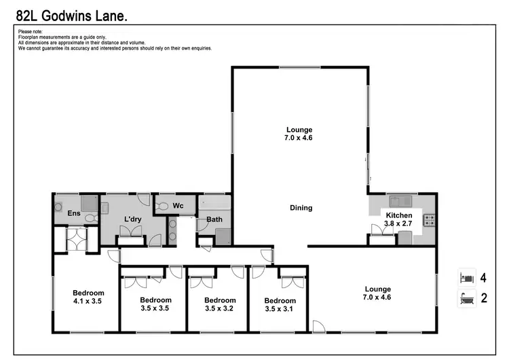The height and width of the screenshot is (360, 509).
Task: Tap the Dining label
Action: (x=301, y=208)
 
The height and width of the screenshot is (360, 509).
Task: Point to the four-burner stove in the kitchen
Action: (x=428, y=219)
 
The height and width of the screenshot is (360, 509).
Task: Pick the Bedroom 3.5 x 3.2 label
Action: (x=220, y=304)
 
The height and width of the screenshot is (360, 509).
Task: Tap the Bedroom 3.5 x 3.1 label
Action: (x=280, y=304)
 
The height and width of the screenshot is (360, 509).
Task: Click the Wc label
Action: (x=178, y=204)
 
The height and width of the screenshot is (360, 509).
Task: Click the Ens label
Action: (x=74, y=213)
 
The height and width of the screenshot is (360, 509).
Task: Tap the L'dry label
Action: (x=132, y=219)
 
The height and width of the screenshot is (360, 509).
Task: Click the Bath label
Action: (x=214, y=219)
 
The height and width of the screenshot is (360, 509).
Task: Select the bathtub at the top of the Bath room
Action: (x=214, y=202)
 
